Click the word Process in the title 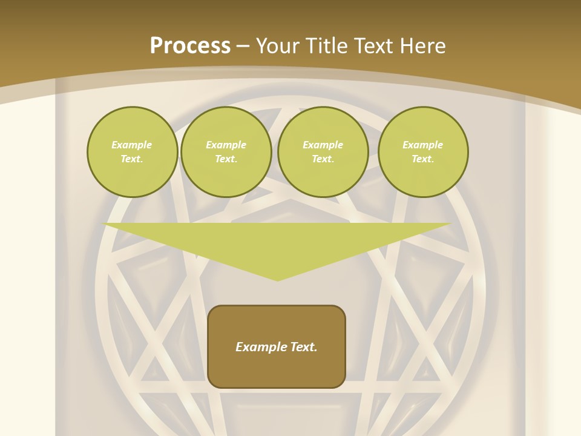pos(190,46)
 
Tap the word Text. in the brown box pos(304,347)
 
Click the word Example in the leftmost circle pos(132,145)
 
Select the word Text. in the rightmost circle pos(423,159)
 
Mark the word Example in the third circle pos(323,145)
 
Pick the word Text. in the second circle pos(226,159)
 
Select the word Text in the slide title pos(373,46)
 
